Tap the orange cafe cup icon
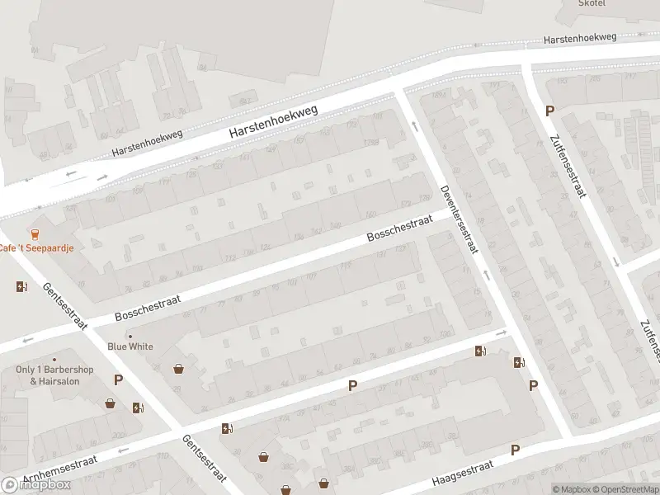tap(35, 233)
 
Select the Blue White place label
tap(130, 346)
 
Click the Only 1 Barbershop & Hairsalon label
tap(54, 375)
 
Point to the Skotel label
tap(592, 3)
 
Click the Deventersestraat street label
tap(459, 219)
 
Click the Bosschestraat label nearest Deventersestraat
tap(399, 231)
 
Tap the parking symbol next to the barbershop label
tap(118, 380)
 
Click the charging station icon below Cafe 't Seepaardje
tap(21, 287)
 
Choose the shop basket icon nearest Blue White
tap(178, 369)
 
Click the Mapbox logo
tap(36, 485)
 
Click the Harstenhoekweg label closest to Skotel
tap(581, 38)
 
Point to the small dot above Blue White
tap(130, 336)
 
